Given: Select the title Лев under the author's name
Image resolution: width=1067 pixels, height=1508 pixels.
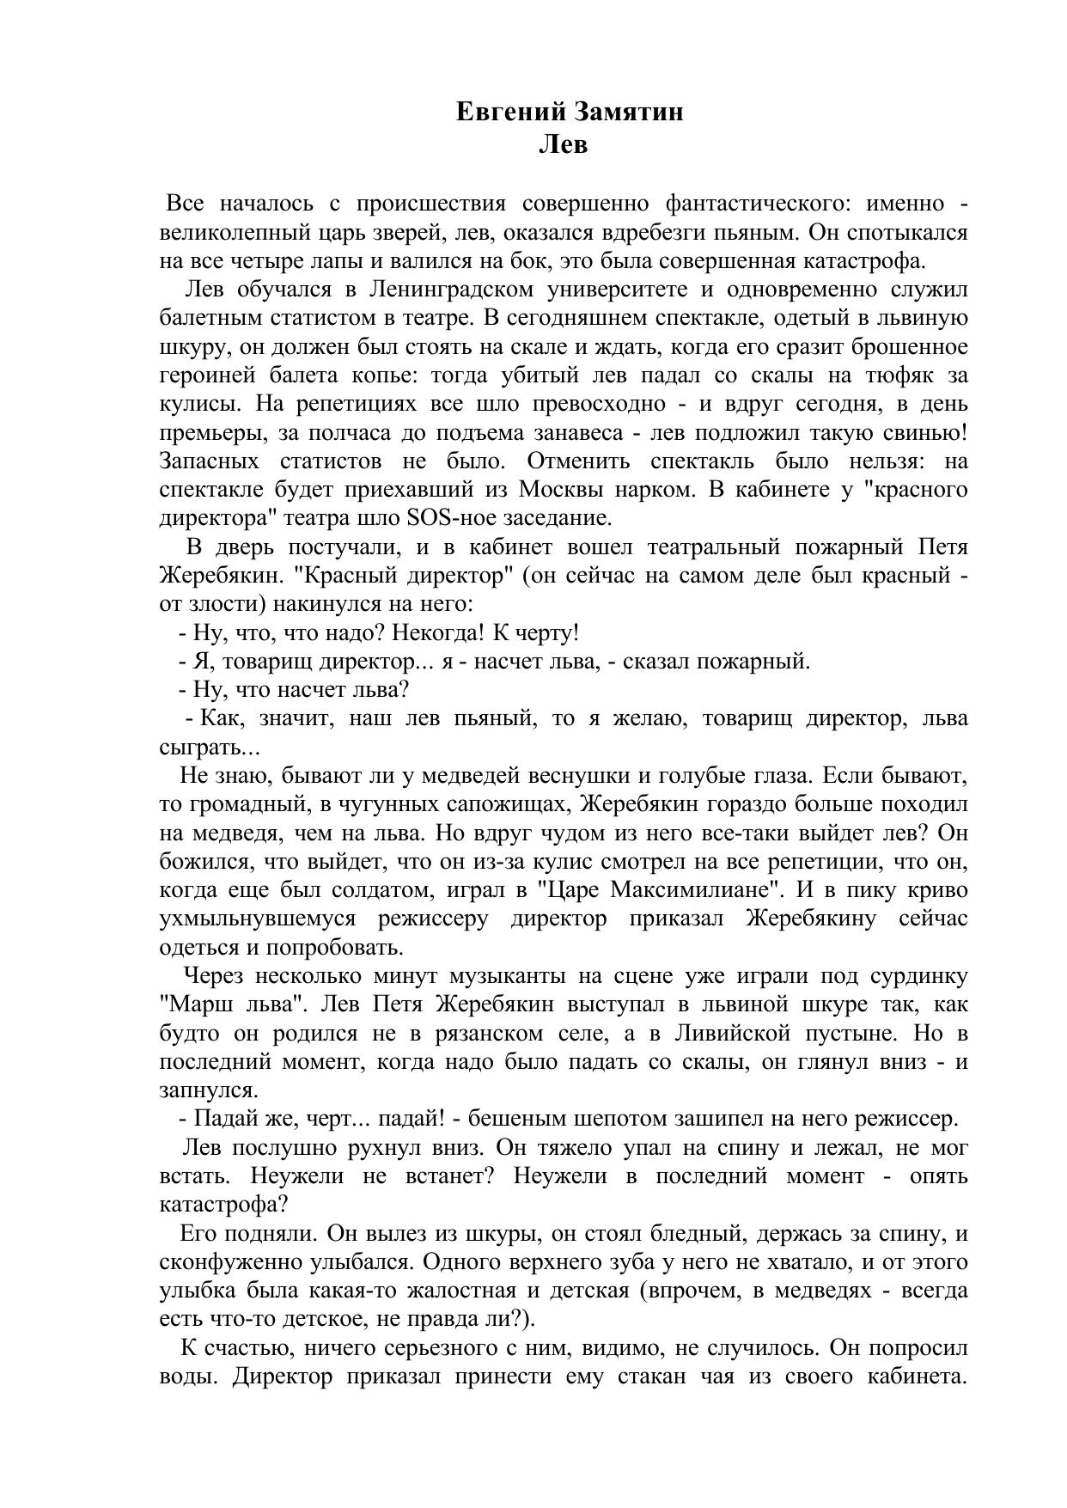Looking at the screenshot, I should pyautogui.click(x=563, y=144).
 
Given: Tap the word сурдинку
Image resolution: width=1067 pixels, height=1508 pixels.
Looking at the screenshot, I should pyautogui.click(x=918, y=976).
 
